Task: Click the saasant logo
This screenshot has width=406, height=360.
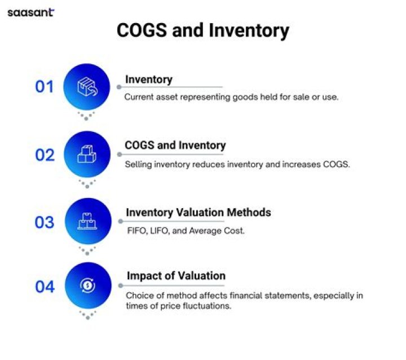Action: [30, 12]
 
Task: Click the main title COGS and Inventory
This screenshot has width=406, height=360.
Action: [202, 30]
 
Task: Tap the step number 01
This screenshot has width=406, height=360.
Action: [45, 87]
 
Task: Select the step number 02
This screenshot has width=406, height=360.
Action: [45, 155]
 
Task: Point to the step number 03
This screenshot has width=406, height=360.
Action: [45, 222]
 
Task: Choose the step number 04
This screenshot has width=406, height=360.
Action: [45, 287]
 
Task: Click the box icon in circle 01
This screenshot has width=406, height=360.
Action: [87, 87]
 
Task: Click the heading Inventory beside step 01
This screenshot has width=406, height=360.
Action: [149, 79]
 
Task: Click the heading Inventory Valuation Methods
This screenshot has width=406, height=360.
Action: [198, 213]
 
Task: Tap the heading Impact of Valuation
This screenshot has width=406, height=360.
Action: [176, 276]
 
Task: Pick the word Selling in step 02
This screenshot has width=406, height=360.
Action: [138, 164]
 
